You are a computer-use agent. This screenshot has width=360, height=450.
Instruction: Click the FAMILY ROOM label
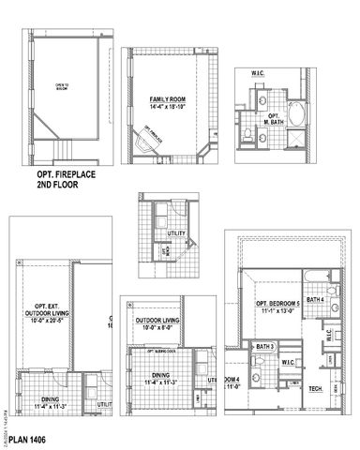point(170,97)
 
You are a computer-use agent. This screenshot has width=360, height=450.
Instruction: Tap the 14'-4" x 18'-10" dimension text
point(170,106)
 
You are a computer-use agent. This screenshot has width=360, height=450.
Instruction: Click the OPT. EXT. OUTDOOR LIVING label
point(48,310)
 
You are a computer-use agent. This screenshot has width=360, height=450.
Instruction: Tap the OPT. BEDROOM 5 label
point(278,305)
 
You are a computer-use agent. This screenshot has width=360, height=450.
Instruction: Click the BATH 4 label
point(316,299)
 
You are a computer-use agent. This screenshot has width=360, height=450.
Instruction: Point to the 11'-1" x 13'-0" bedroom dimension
point(278,313)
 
